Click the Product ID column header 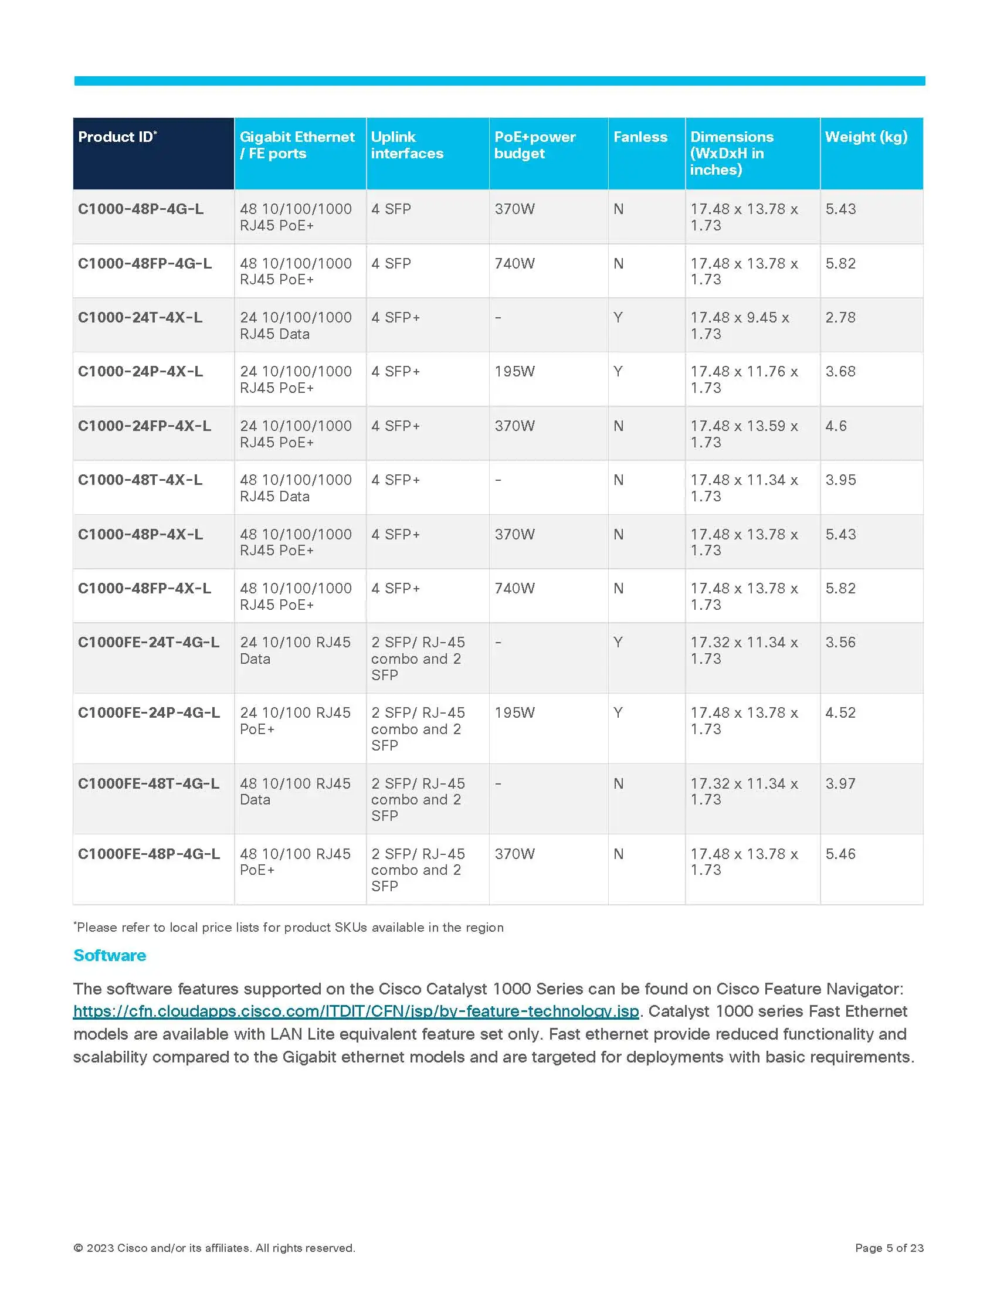(117, 137)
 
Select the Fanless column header (640, 137)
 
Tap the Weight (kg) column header (866, 137)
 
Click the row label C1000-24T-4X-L (140, 318)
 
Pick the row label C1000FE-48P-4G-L (149, 854)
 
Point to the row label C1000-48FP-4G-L (145, 263)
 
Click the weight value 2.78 (840, 318)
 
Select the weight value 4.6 (836, 426)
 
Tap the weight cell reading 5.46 (840, 854)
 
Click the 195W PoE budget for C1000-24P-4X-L (514, 372)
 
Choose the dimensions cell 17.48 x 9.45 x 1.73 (740, 325)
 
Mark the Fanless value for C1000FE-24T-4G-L (618, 642)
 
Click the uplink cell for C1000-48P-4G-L (391, 209)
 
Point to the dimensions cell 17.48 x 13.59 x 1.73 (744, 434)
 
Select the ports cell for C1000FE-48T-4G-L (295, 792)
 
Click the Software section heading (110, 956)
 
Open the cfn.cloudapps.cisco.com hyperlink (356, 1011)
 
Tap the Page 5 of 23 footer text (889, 1247)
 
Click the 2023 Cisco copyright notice (214, 1247)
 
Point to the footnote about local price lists (289, 928)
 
